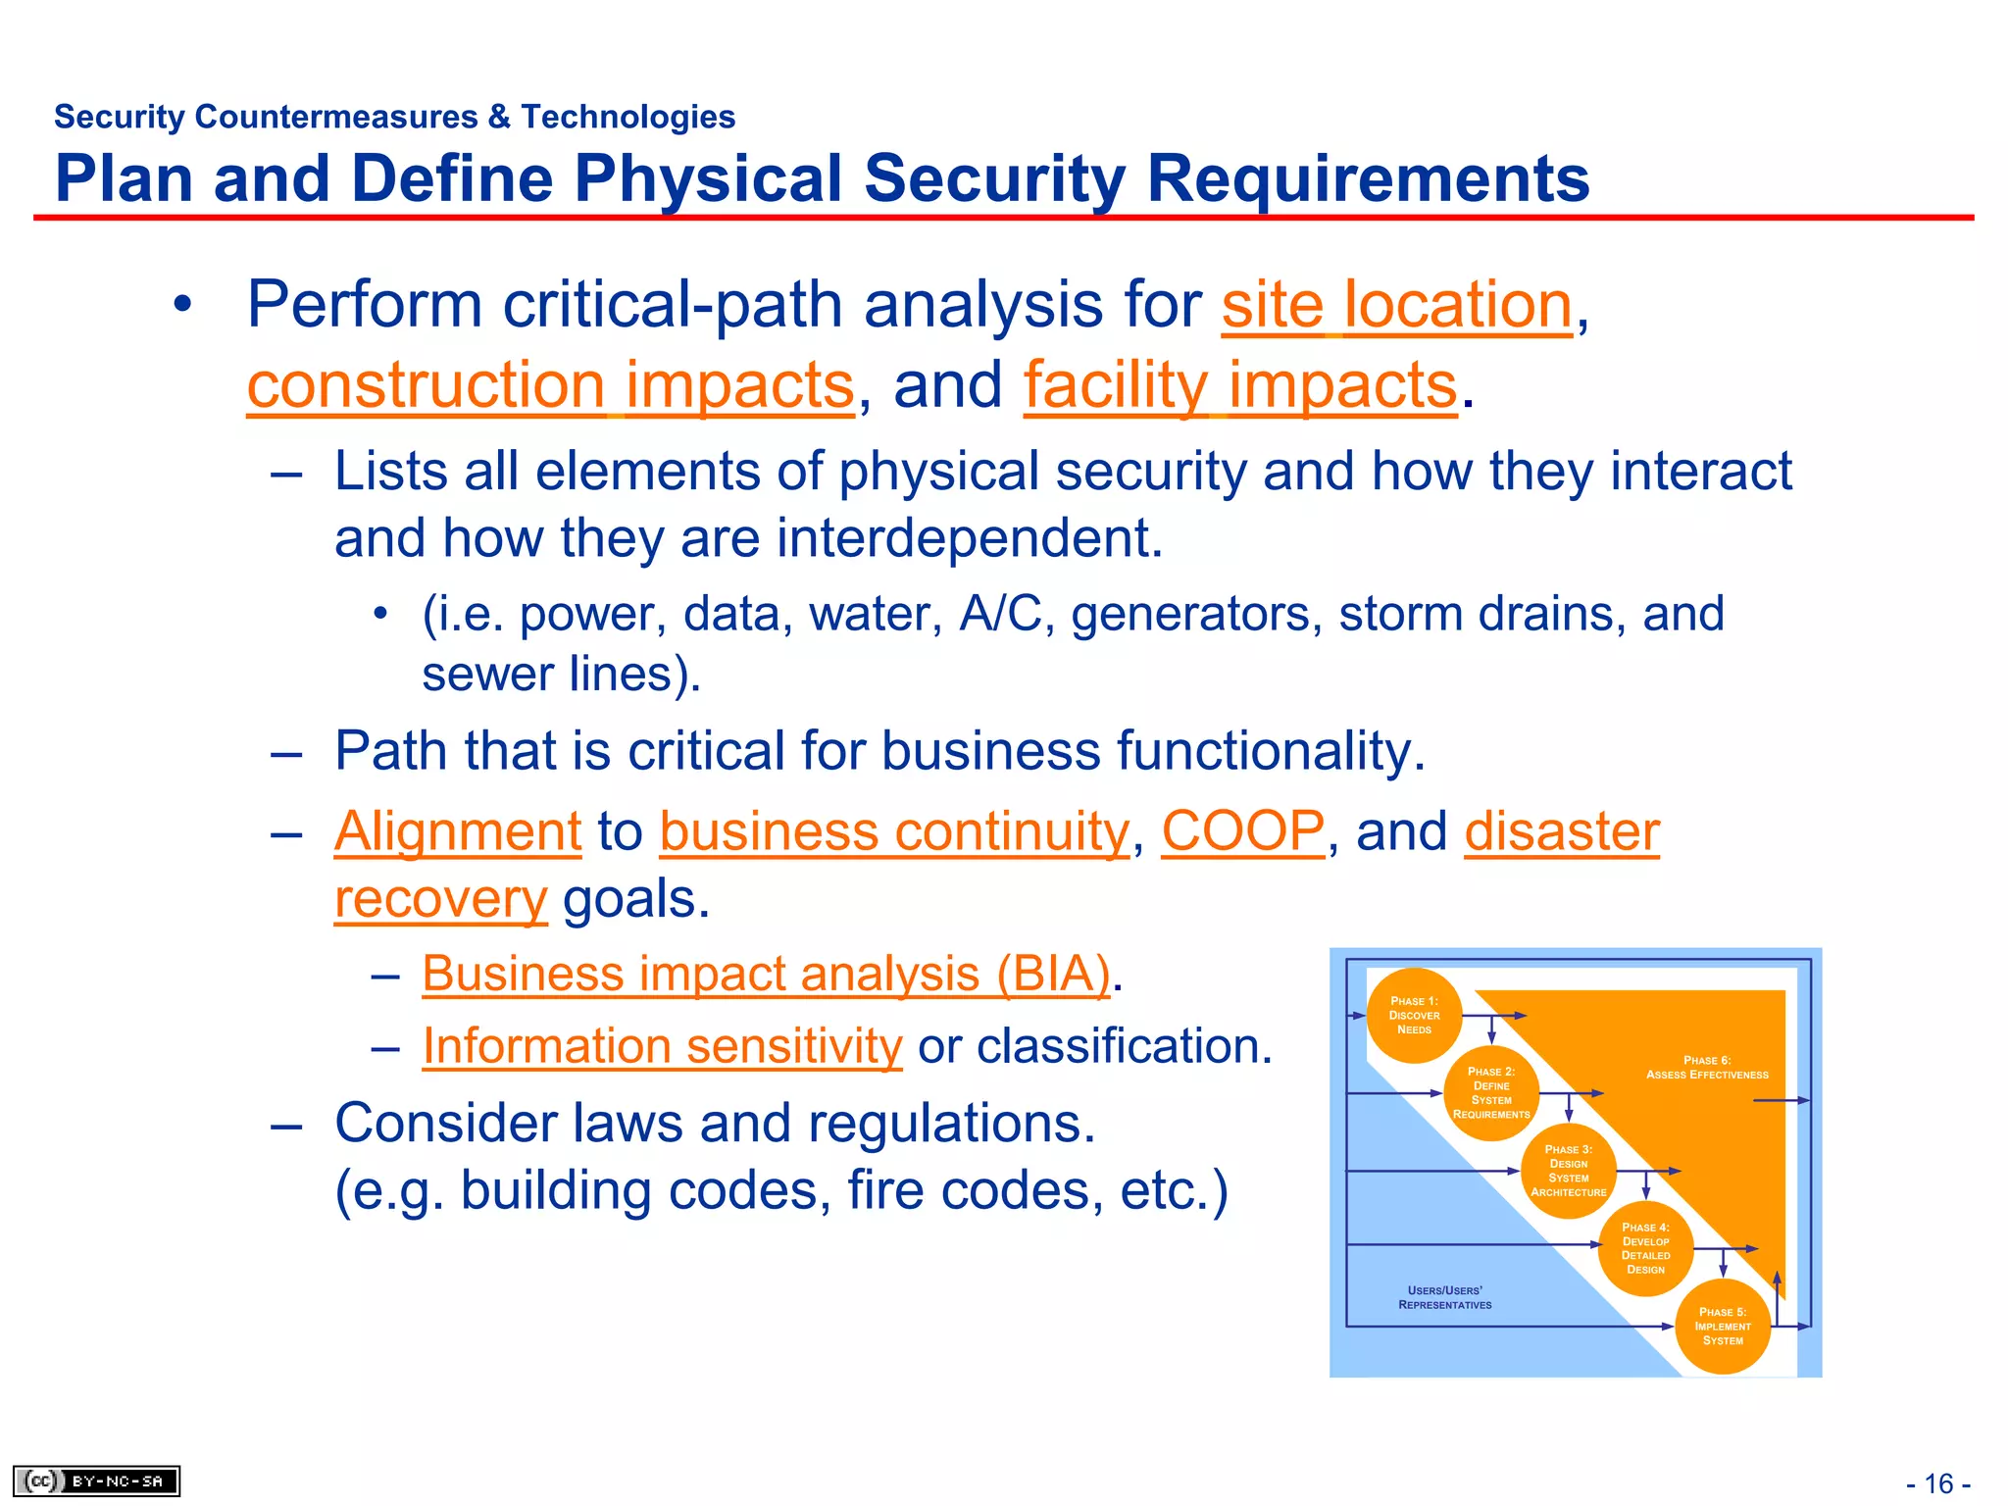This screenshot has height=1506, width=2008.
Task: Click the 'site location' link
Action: tap(1396, 305)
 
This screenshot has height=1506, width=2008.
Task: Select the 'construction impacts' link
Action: tap(550, 385)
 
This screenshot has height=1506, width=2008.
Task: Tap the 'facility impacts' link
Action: tap(1240, 385)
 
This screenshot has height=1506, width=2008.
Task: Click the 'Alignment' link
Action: tap(458, 832)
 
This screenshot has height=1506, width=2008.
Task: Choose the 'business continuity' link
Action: tap(894, 832)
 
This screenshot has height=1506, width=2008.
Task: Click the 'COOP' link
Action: tap(1243, 832)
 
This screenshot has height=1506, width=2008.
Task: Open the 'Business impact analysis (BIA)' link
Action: tap(766, 975)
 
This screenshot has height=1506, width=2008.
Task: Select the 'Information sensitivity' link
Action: tap(662, 1046)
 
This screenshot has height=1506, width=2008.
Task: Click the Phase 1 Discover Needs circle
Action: tap(1414, 1016)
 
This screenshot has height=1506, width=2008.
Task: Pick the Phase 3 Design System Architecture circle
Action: tap(1569, 1171)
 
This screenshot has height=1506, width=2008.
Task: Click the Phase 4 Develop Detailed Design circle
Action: tap(1645, 1248)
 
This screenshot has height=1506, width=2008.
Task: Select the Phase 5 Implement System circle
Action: tap(1723, 1327)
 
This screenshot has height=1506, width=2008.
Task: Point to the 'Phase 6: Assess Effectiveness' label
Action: tap(1707, 1068)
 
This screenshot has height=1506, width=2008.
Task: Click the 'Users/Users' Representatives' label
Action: tap(1444, 1298)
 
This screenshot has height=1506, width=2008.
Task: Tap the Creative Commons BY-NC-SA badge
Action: tap(96, 1481)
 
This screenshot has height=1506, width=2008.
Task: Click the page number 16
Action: tap(1938, 1483)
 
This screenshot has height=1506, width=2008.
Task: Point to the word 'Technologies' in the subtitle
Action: tap(627, 117)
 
